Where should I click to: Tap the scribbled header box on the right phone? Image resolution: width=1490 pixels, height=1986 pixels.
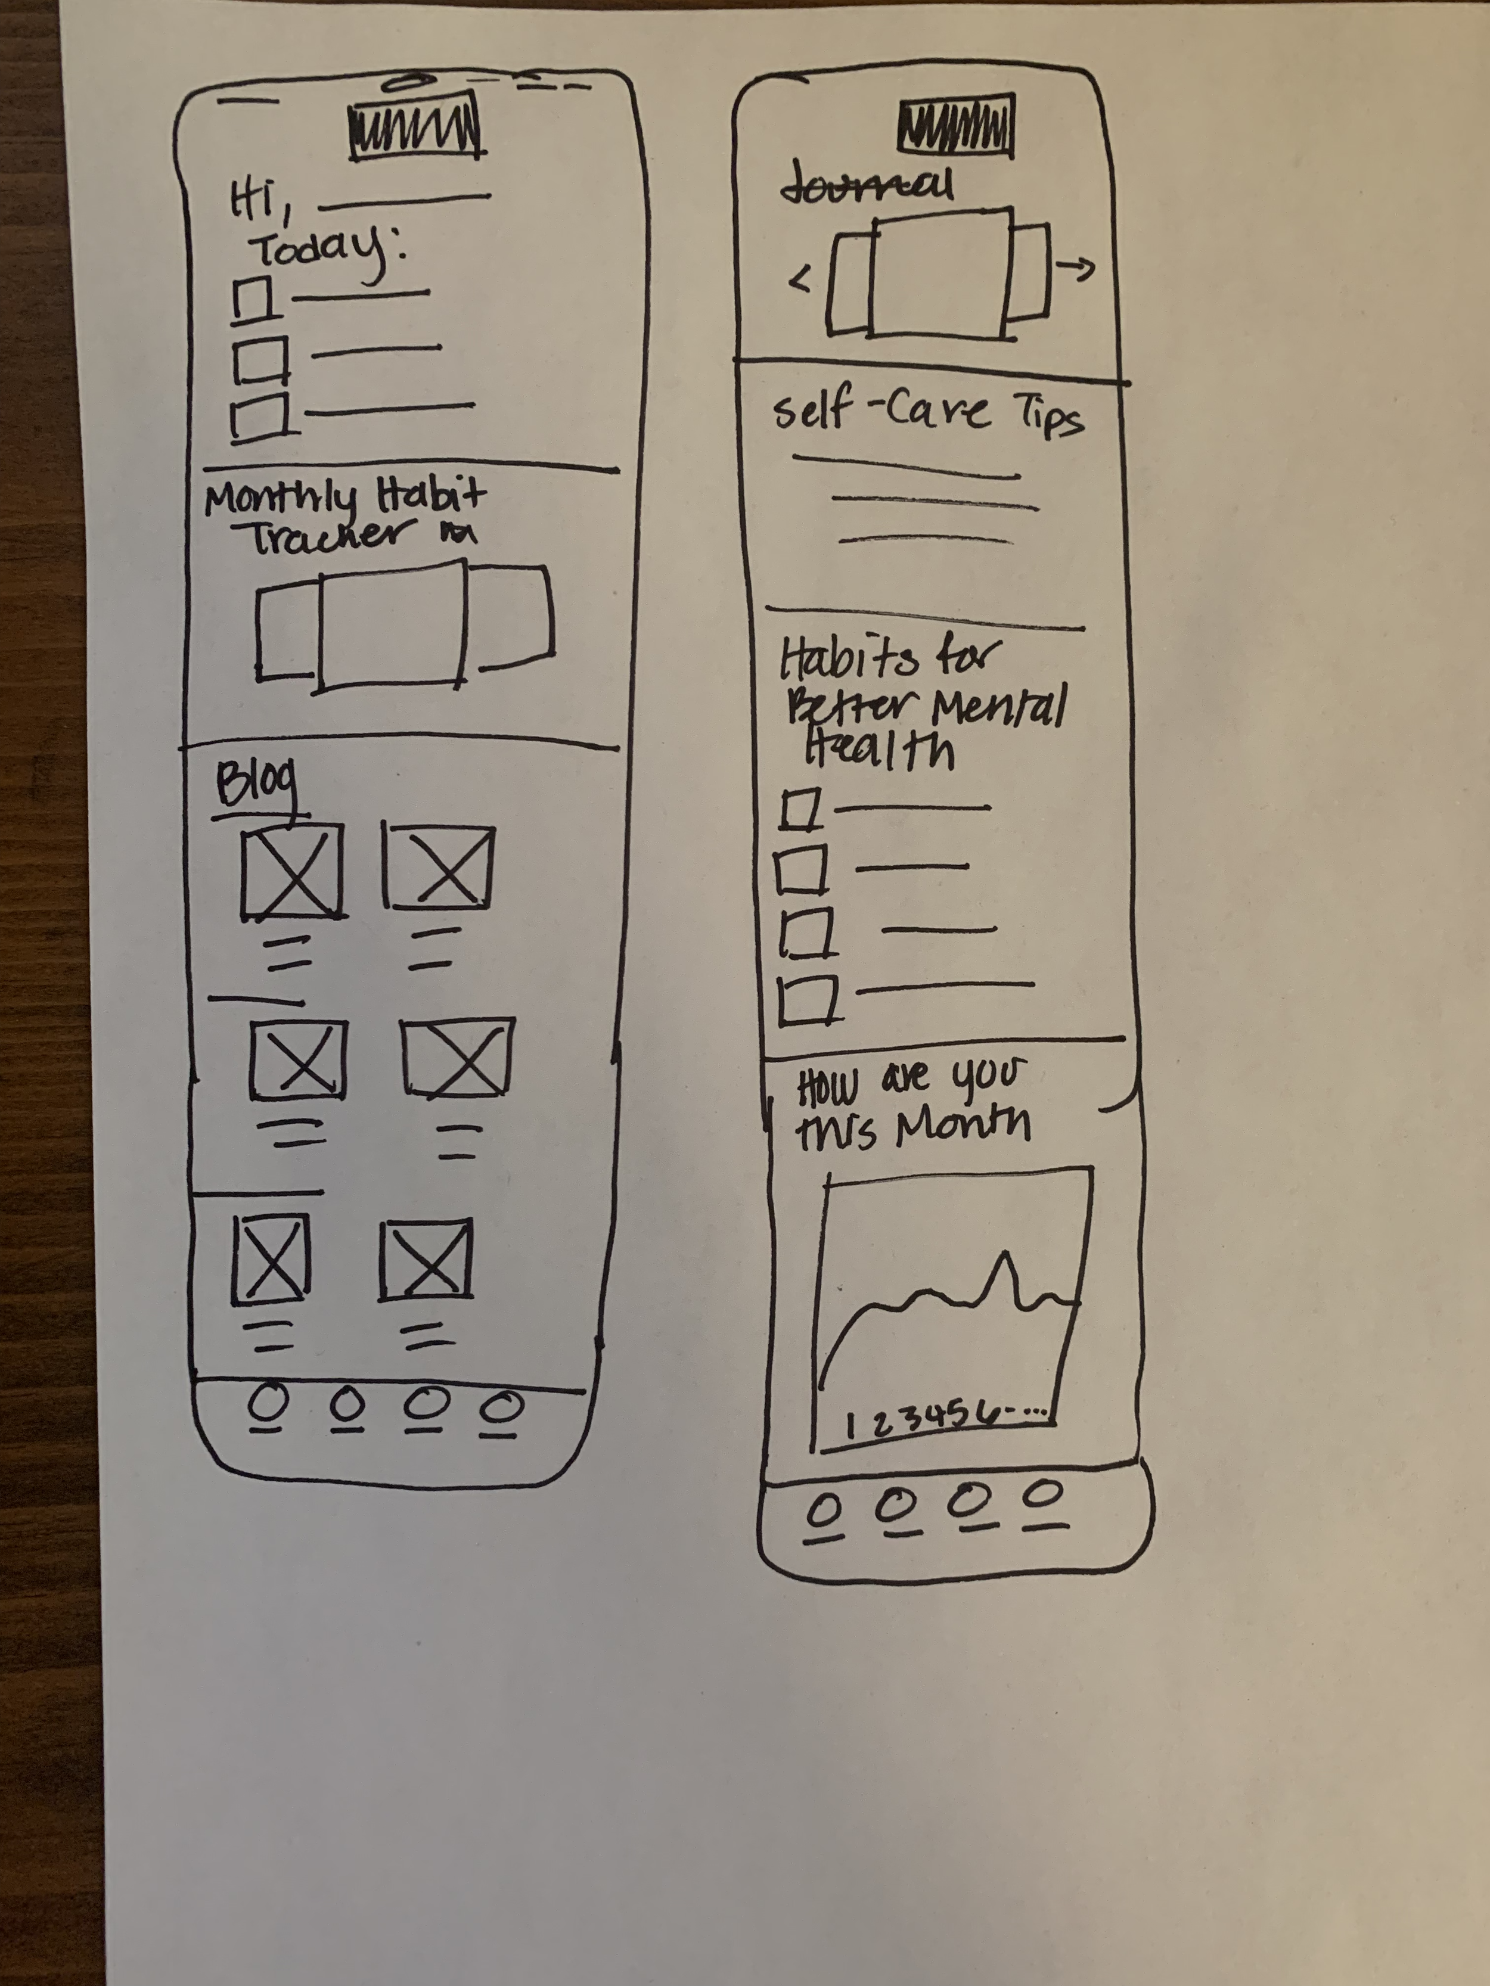955,124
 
